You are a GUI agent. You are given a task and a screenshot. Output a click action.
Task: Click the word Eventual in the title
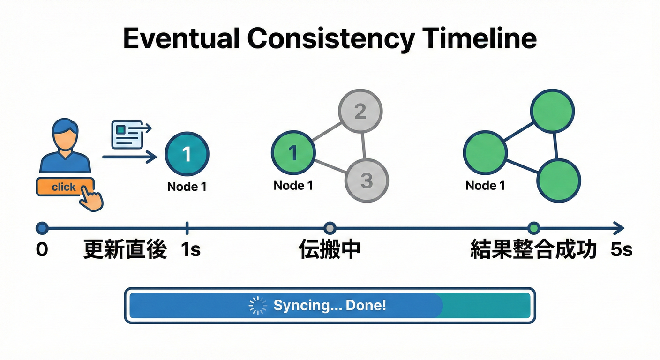click(180, 39)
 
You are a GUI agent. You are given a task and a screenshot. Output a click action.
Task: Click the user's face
click(65, 135)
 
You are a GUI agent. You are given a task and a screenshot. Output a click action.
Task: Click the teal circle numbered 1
click(187, 154)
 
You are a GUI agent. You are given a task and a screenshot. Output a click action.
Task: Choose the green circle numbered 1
click(293, 153)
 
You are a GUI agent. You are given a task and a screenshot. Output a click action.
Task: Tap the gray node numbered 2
click(360, 112)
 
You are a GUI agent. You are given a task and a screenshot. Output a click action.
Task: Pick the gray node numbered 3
click(367, 181)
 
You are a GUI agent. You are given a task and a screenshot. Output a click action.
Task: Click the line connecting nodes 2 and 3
click(364, 146)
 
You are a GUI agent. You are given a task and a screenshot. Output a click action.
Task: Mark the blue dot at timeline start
click(42, 228)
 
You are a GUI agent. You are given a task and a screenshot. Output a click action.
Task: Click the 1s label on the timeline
click(190, 250)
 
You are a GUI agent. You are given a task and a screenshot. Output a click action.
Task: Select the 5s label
click(622, 250)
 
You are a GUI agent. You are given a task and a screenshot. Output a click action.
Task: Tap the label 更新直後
click(125, 250)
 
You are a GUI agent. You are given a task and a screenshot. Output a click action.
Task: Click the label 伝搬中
click(330, 250)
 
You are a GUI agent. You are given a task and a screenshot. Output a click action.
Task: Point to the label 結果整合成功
click(533, 250)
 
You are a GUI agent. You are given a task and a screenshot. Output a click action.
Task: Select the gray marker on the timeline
click(330, 228)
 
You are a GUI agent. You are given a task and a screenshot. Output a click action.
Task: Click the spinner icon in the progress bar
click(257, 306)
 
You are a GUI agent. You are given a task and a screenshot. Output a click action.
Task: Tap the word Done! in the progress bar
click(366, 306)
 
